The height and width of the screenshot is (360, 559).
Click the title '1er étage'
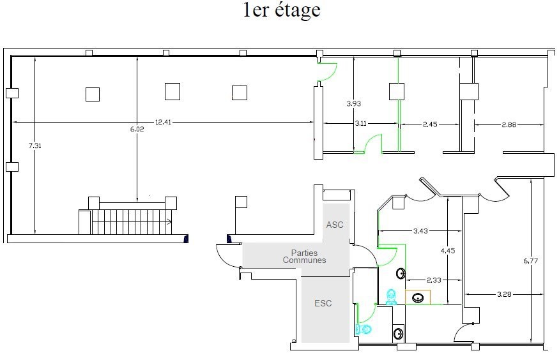tap(282, 10)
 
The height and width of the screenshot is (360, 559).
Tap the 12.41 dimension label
tap(163, 122)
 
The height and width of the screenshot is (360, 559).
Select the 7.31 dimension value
tap(35, 146)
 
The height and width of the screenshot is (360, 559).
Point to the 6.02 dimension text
tap(137, 129)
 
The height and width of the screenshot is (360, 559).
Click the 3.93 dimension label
tap(354, 103)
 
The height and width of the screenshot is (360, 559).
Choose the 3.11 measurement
tap(360, 123)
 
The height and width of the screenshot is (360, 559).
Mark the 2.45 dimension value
tap(430, 124)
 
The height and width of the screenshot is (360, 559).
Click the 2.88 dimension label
tap(509, 124)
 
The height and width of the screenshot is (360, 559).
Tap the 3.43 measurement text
tap(420, 230)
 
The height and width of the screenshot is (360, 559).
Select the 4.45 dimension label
tap(448, 251)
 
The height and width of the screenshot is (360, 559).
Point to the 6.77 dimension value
tap(531, 260)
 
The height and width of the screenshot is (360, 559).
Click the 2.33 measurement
tap(434, 280)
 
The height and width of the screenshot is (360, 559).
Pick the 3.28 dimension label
tap(504, 294)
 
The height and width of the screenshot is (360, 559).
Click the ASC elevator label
tap(335, 225)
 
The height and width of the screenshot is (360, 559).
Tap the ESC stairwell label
tap(323, 303)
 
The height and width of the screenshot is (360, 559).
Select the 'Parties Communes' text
tap(304, 257)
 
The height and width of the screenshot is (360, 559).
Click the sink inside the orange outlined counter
tap(418, 297)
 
